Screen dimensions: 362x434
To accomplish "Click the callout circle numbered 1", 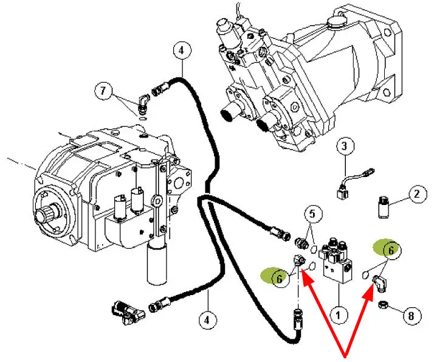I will pyautogui.click(x=338, y=314).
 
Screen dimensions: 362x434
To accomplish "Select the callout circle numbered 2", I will pyautogui.click(x=416, y=195).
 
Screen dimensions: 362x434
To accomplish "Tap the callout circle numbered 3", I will pyautogui.click(x=344, y=146).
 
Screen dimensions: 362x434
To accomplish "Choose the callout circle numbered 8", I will pyautogui.click(x=411, y=315).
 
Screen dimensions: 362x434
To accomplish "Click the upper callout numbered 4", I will pyautogui.click(x=181, y=51).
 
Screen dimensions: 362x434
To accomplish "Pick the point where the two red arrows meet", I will pyautogui.click(x=346, y=355).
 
